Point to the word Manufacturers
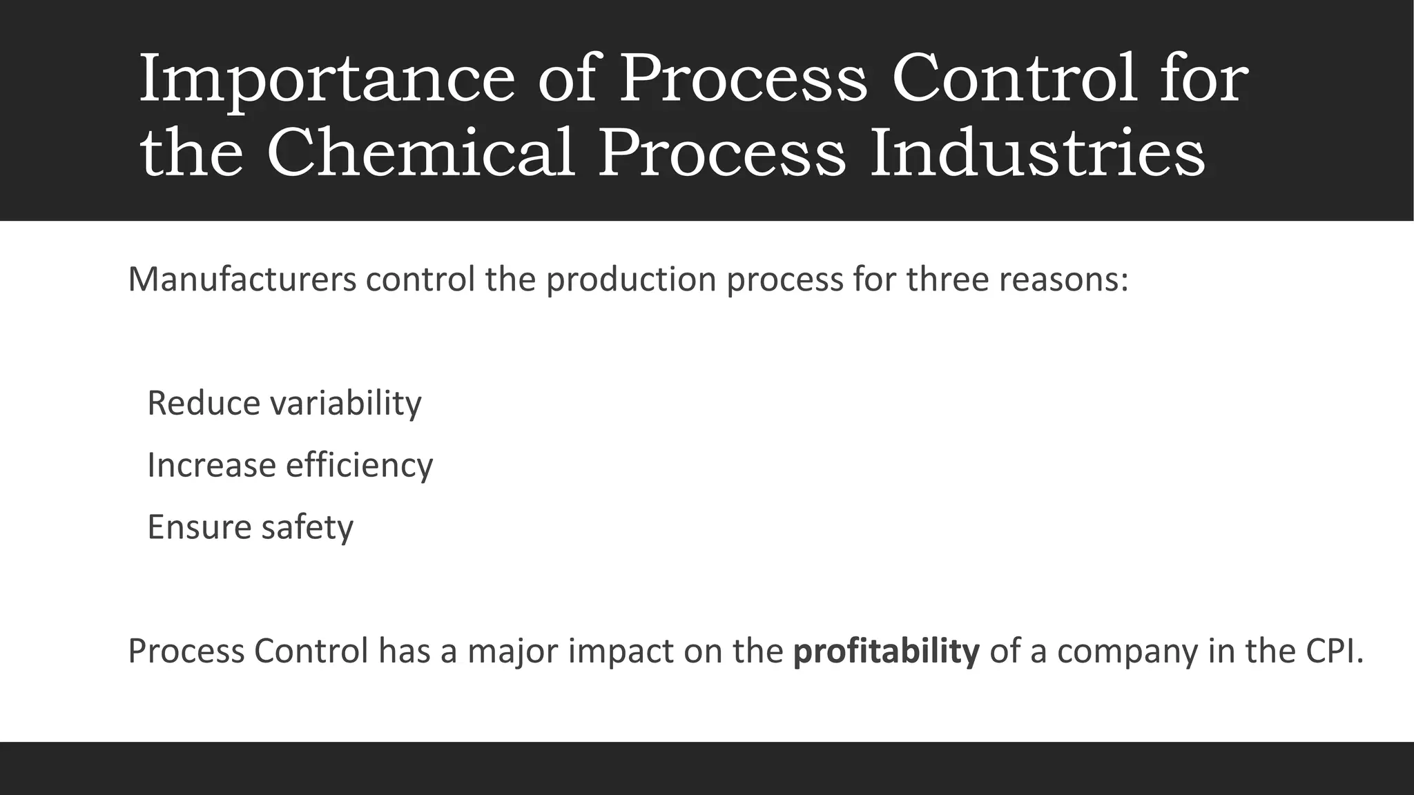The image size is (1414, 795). pos(242,279)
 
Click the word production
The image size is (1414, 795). pos(631,279)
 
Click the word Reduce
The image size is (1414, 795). pos(204,403)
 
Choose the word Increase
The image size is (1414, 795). pos(211,465)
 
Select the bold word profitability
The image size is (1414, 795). pos(886,651)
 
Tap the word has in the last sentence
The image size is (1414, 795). pos(404,651)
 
